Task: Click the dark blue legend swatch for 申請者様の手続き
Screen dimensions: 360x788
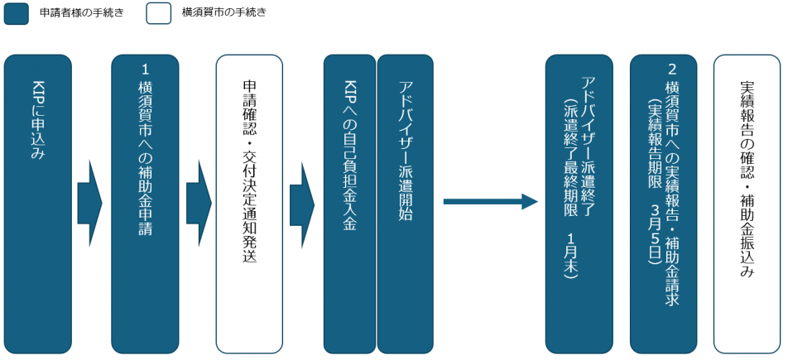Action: tap(17, 13)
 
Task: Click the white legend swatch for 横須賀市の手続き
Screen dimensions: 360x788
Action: tap(159, 13)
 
